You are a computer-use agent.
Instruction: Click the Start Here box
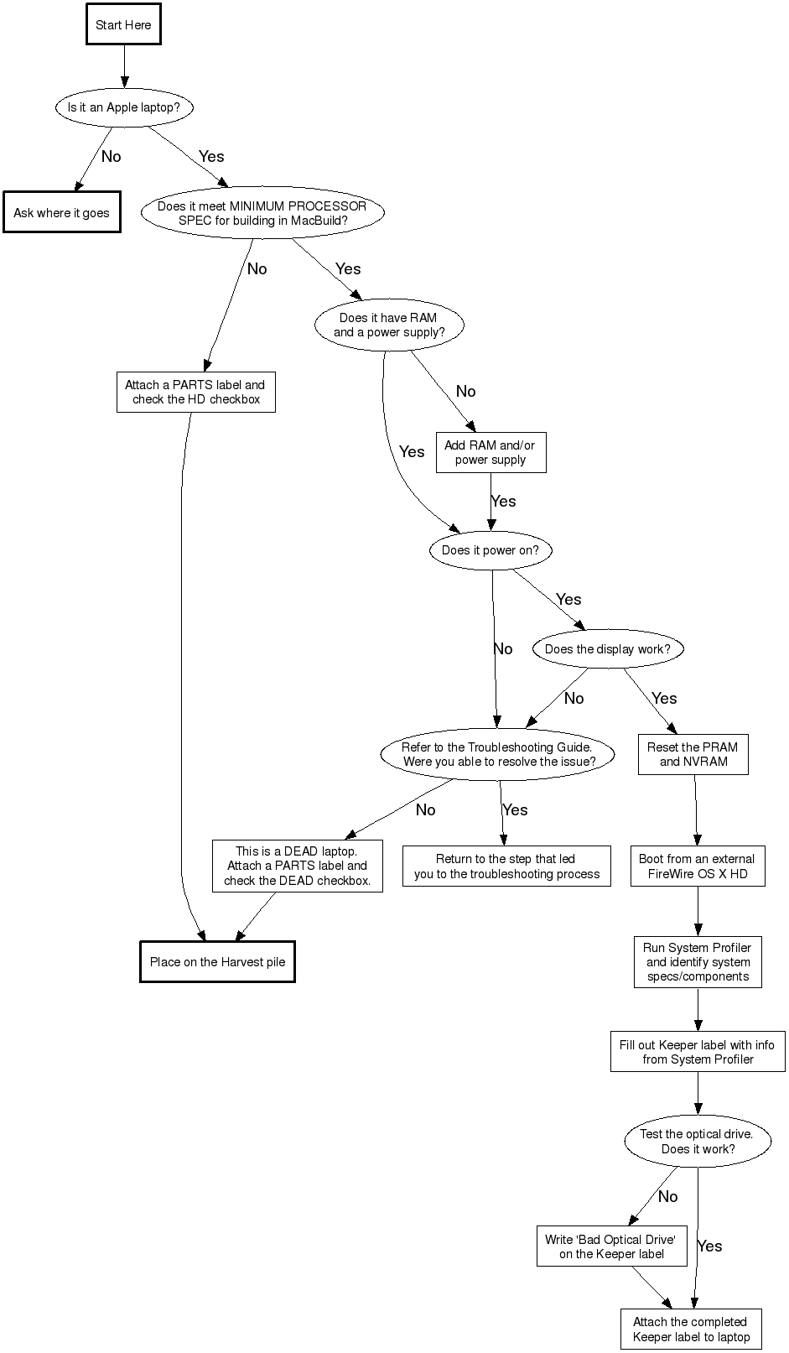pos(123,25)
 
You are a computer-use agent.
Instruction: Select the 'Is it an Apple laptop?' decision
pos(124,107)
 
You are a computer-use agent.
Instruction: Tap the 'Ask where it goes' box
pos(61,213)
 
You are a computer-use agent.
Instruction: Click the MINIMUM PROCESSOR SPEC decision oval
pos(262,213)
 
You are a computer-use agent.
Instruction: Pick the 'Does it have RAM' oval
pos(389,325)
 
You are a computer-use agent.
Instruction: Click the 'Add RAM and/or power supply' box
pos(491,453)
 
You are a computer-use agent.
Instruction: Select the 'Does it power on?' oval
pos(491,550)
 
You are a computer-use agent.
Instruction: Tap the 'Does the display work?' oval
pos(608,649)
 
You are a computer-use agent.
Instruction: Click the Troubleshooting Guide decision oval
pos(497,754)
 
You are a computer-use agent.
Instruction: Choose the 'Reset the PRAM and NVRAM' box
pos(693,754)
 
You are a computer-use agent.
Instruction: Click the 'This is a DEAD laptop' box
pos(297,866)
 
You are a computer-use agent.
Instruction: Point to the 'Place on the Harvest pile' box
pos(217,962)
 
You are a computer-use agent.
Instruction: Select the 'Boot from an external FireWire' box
pos(697,866)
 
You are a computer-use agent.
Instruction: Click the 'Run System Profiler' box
pos(698,962)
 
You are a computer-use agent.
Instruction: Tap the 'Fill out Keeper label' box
pos(698,1052)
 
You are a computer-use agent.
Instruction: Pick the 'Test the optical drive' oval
pos(698,1142)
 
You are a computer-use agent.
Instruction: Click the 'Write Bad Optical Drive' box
pos(611,1246)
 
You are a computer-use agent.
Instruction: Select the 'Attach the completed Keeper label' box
pos(691,1330)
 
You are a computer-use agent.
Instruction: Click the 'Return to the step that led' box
pos(506,866)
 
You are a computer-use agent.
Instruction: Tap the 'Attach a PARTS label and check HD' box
pos(195,393)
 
